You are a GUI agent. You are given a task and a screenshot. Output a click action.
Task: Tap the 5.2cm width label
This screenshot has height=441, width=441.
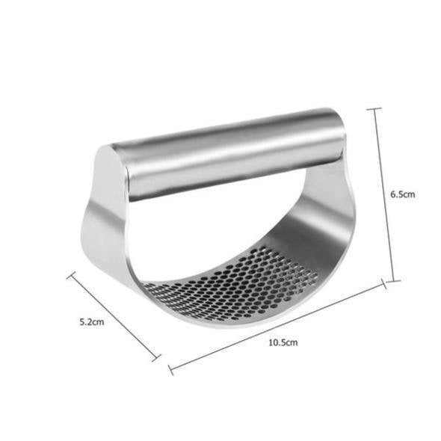pyautogui.click(x=91, y=322)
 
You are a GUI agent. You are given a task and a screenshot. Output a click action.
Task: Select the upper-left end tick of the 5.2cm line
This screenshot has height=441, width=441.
pyautogui.click(x=71, y=274)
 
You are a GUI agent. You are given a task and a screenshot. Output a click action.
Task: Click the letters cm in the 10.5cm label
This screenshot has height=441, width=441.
pyautogui.click(x=292, y=342)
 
